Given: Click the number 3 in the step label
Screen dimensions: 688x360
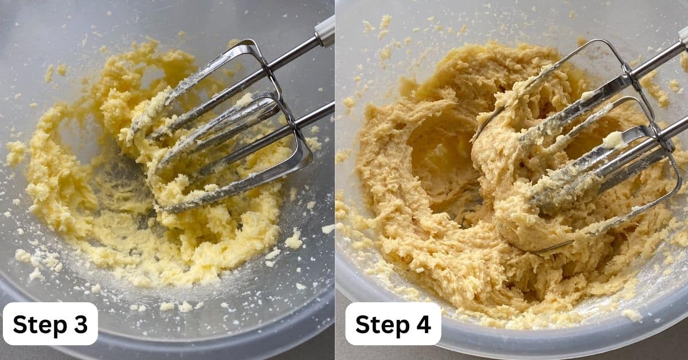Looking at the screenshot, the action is coord(81,324).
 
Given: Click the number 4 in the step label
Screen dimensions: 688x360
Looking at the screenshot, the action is coord(424,324).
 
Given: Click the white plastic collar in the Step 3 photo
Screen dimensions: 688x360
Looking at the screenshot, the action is coord(325,31).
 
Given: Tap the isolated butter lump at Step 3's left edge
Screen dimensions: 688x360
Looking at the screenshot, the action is coord(16,151).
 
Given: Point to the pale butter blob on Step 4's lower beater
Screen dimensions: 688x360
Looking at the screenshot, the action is coord(613,140).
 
